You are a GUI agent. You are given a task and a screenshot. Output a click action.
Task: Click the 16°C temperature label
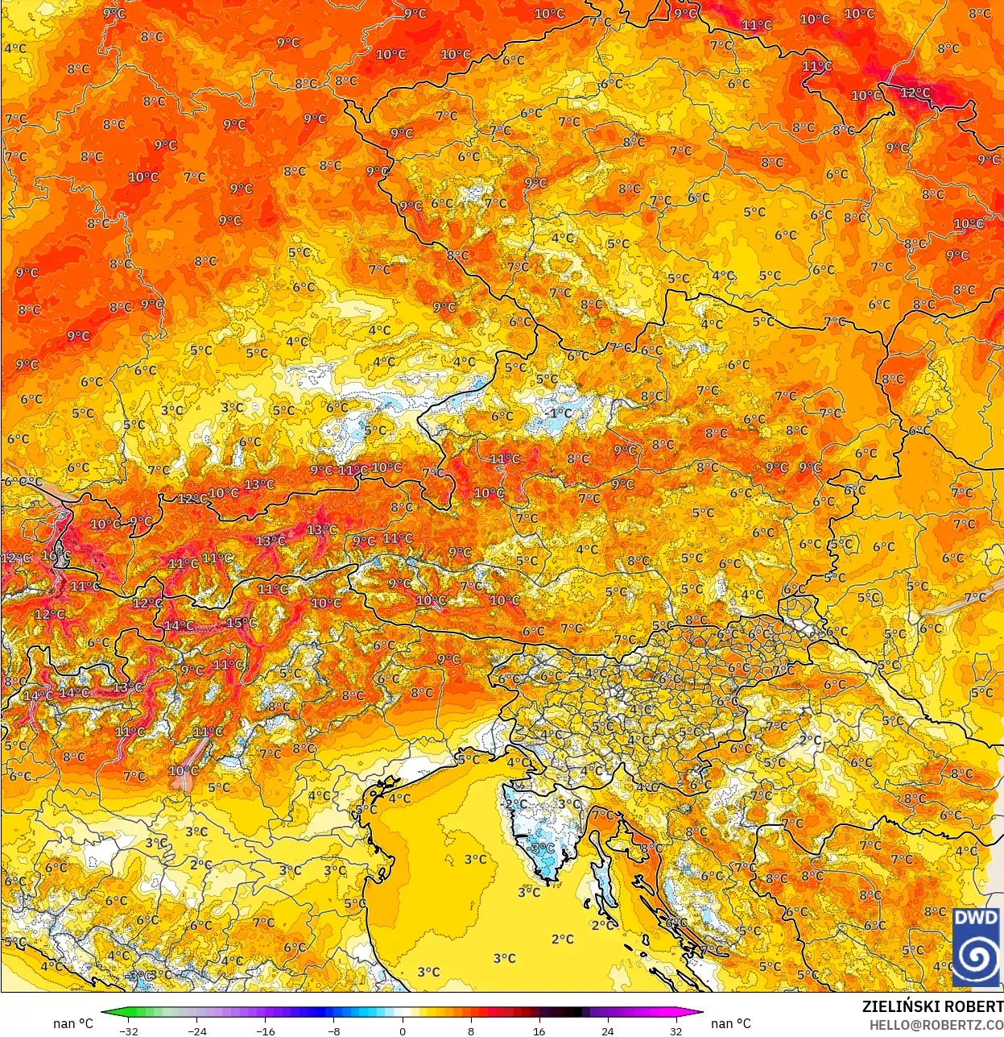(x=56, y=556)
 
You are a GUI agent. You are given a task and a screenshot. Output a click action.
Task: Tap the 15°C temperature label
(x=241, y=623)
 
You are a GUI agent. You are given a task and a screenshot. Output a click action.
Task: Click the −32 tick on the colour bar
(x=128, y=1031)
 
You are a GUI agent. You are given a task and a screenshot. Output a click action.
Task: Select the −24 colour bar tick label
(x=196, y=1031)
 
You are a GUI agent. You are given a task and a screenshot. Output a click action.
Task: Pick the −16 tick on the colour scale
(x=265, y=1031)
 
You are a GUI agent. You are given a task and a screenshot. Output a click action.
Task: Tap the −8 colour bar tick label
(x=334, y=1031)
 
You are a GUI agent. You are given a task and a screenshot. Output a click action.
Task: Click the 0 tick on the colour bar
(x=403, y=1031)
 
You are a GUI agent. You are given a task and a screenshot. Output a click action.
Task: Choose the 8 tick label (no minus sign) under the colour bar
(x=471, y=1031)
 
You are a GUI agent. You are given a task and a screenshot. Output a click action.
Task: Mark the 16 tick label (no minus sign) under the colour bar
(x=539, y=1031)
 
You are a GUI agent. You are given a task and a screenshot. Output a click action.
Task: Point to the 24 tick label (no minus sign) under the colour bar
(x=608, y=1031)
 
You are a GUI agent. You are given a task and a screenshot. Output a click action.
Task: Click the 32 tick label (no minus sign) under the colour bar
(x=676, y=1031)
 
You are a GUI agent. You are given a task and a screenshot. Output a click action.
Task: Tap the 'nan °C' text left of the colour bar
(x=73, y=1023)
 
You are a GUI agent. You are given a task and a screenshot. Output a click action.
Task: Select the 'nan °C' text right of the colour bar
(x=730, y=1023)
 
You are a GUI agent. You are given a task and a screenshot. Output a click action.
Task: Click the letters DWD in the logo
(x=976, y=918)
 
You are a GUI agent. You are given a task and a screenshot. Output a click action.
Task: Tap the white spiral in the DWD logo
(x=976, y=957)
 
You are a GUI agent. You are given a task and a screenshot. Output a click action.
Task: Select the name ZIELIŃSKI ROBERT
(x=932, y=1006)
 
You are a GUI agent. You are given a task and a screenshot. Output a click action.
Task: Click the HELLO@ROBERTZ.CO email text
(x=936, y=1025)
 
